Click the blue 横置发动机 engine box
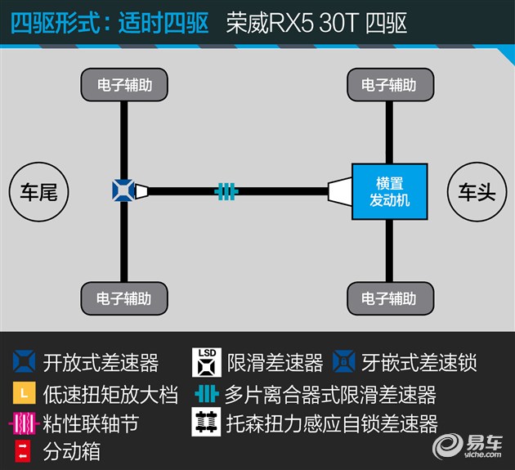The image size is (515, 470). click(390, 191)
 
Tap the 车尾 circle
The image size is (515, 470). click(38, 192)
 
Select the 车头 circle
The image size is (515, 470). click(477, 192)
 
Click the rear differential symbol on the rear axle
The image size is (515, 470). click(123, 190)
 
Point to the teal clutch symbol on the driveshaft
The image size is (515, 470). click(226, 191)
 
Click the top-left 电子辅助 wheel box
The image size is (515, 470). click(124, 85)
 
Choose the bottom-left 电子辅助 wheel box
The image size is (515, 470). click(124, 298)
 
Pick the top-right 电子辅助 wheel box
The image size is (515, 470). click(390, 85)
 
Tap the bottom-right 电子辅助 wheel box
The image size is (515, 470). click(390, 298)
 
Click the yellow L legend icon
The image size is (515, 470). click(25, 393)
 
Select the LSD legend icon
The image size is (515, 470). click(207, 363)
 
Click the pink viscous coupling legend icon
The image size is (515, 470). click(24, 423)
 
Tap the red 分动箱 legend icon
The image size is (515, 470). click(23, 451)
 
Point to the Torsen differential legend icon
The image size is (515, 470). click(206, 422)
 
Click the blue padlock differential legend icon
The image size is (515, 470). click(343, 361)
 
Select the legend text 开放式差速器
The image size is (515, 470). click(101, 363)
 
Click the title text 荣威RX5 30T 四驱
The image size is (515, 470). click(316, 23)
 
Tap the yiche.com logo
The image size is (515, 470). click(467, 447)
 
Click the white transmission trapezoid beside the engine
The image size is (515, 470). click(340, 191)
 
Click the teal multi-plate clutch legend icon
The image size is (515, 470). click(207, 394)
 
